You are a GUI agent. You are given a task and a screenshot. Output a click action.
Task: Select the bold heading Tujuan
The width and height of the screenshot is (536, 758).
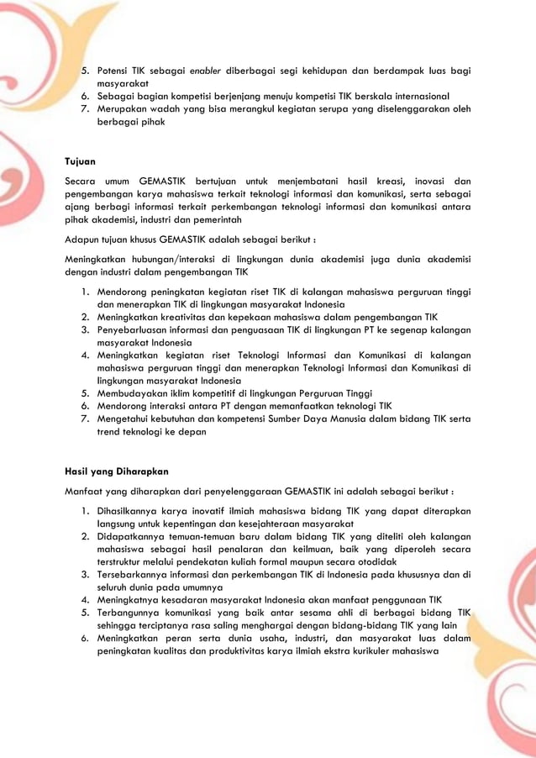point(81,159)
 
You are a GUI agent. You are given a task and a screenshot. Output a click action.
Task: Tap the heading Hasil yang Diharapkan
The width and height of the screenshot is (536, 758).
point(117,471)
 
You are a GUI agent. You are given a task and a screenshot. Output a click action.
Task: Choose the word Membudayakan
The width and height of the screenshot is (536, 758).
point(139,393)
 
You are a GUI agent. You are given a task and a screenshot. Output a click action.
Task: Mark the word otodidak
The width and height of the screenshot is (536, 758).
point(372,561)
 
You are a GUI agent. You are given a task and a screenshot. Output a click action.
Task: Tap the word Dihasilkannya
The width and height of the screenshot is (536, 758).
point(134,511)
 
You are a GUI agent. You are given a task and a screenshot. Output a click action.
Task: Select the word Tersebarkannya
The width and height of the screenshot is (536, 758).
point(139,574)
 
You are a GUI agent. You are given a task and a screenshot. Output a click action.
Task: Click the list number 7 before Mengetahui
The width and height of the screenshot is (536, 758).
point(86,418)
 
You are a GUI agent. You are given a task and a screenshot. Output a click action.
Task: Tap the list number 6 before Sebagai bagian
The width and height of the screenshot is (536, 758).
point(86,96)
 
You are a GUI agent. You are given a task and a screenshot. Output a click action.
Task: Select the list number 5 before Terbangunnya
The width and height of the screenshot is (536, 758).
point(86,613)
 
